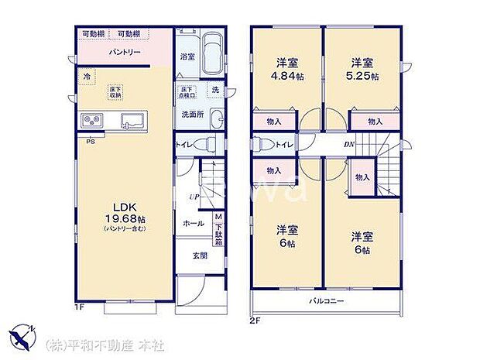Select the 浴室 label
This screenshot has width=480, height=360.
tap(187, 57)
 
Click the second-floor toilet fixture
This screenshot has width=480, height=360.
tap(262, 144)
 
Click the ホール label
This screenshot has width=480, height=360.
tap(194, 223)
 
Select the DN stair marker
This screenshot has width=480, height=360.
tap(349, 144)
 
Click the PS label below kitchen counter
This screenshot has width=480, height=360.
tap(91, 141)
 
